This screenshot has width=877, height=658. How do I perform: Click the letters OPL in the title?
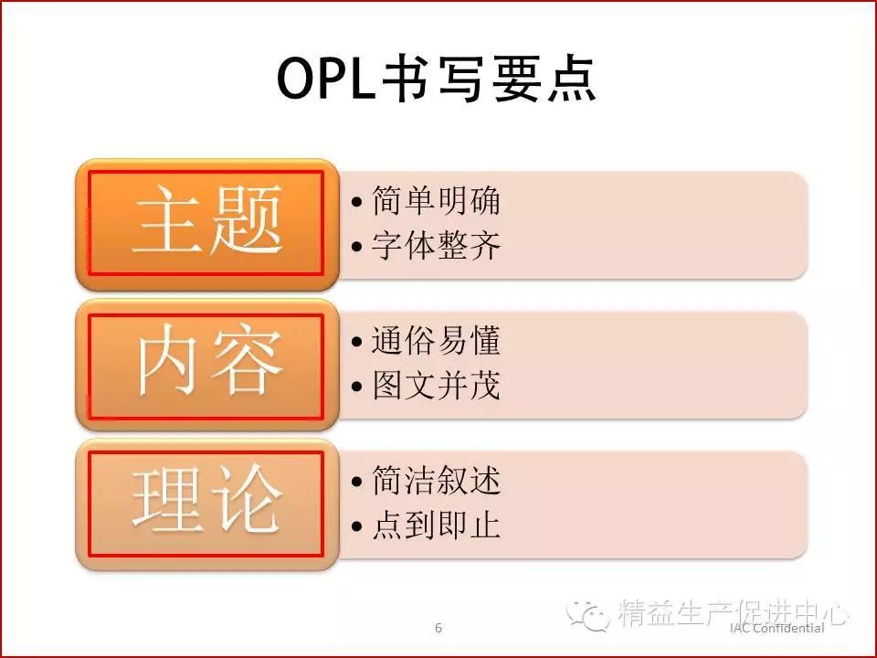coord(326,79)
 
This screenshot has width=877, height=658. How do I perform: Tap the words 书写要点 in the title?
coord(489,79)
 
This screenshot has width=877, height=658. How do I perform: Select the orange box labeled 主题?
coord(207,225)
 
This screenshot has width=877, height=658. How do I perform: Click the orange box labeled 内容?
coord(207,365)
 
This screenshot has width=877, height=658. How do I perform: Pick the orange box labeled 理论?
coord(207,504)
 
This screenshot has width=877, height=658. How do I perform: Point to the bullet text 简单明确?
coord(436,200)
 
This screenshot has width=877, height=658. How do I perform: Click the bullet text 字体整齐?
coord(436,245)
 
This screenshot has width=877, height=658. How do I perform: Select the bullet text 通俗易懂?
coord(436,340)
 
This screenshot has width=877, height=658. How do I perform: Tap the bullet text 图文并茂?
coord(436,385)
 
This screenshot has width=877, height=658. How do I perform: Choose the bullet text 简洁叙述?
coord(436,480)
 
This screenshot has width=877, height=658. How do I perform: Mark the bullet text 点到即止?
coord(436,525)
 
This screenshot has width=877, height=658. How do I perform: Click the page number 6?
coord(438,628)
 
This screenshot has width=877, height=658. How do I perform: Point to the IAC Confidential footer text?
coord(777,628)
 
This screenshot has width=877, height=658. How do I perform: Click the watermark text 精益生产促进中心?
coord(734,612)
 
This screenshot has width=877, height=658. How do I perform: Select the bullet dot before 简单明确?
coord(357,201)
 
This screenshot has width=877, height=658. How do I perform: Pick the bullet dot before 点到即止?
coord(357,526)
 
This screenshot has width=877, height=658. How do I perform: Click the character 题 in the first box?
coord(246,219)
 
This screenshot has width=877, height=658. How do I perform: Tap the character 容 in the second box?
coord(246,360)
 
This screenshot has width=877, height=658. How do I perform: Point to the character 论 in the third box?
coord(246,499)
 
